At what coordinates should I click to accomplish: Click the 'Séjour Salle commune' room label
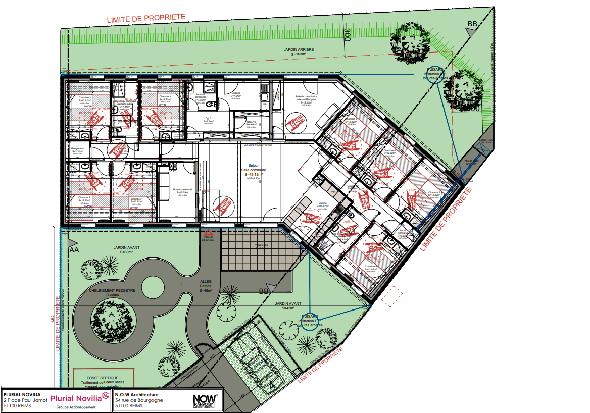(x=254, y=169)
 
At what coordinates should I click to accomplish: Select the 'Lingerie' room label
(x=236, y=94)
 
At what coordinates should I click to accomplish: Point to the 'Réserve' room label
(x=251, y=123)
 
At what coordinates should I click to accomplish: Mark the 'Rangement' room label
(x=77, y=150)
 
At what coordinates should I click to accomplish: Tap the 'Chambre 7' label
(x=434, y=193)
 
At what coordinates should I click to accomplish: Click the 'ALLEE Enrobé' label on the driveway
(x=206, y=286)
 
